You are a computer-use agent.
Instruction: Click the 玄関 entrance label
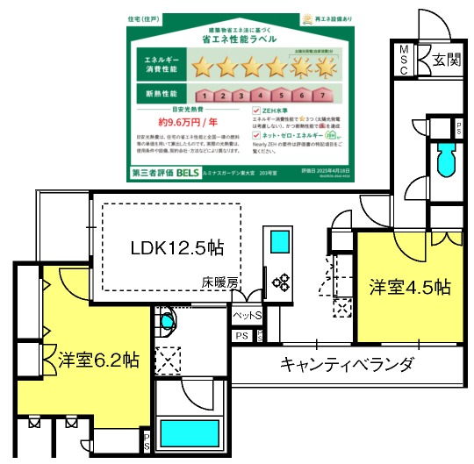[x=446, y=60]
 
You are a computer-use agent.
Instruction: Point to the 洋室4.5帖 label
[x=409, y=287]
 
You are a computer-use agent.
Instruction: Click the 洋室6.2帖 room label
[x=98, y=360]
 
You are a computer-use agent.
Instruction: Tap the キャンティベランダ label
[x=346, y=363]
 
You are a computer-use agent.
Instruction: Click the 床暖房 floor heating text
[x=219, y=282]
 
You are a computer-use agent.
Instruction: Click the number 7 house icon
[x=324, y=95]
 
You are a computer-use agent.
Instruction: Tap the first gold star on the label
[x=204, y=66]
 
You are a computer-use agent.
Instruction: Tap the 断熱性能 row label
[x=157, y=94]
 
